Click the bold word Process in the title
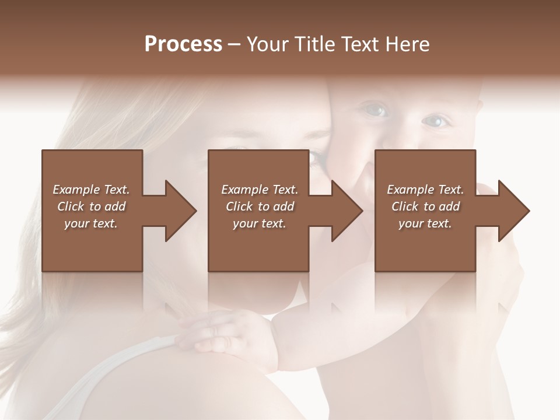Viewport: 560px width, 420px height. pyautogui.click(x=183, y=44)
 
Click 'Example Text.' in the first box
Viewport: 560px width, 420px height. pyautogui.click(x=91, y=190)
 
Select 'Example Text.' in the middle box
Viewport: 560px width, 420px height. pyautogui.click(x=260, y=190)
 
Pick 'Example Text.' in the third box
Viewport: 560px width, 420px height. pyautogui.click(x=425, y=190)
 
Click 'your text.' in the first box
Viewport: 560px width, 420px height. pyautogui.click(x=91, y=223)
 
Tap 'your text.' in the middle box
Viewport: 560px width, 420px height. pyautogui.click(x=260, y=223)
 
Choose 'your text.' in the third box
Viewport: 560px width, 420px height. pyautogui.click(x=425, y=223)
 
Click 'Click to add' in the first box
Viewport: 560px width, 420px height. pyautogui.click(x=91, y=206)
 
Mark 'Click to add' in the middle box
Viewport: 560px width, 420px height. pyautogui.click(x=260, y=206)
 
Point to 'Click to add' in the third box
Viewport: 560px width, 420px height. pyautogui.click(x=425, y=206)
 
